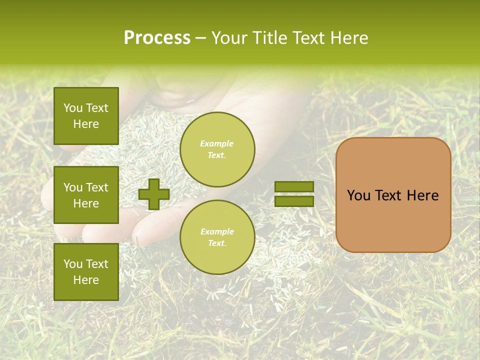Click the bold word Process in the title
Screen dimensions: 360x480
tap(157, 38)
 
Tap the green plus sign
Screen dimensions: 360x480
tap(154, 194)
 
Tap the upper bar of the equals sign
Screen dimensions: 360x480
tap(294, 187)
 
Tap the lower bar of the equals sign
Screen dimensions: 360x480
tap(294, 201)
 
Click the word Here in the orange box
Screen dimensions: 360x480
tap(422, 195)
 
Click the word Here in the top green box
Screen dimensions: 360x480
tap(86, 124)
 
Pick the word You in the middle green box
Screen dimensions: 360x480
tap(73, 187)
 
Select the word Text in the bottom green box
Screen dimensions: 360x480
tap(96, 264)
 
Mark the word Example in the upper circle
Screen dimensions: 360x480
tap(216, 143)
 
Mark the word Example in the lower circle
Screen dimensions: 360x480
tap(217, 231)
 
